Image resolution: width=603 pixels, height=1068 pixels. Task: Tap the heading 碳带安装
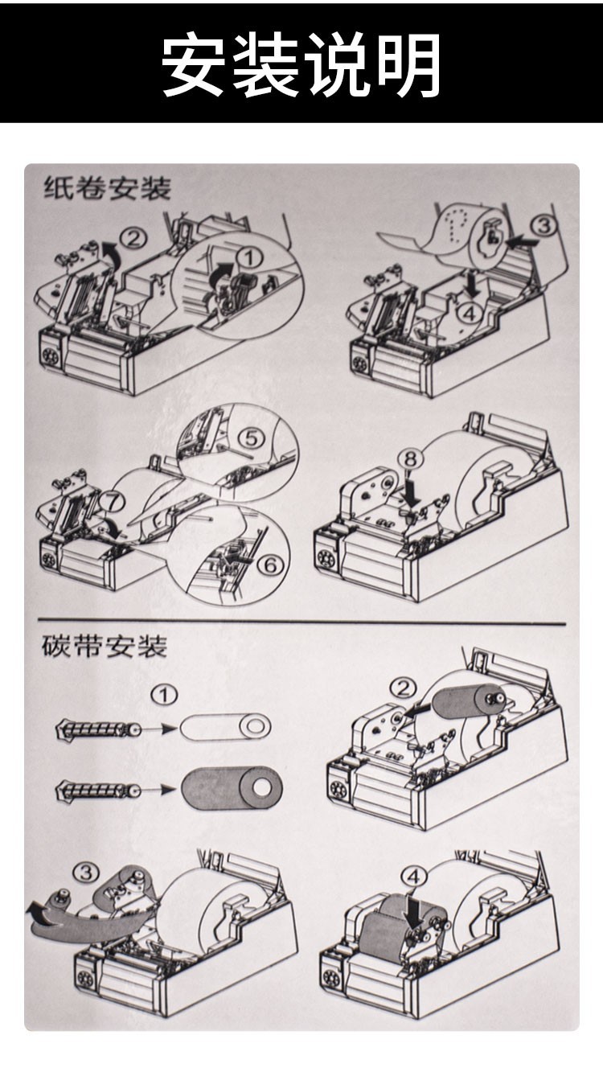click(x=105, y=646)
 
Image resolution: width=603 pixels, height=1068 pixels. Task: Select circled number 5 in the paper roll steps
click(x=251, y=438)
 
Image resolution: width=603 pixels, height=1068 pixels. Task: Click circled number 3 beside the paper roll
click(x=544, y=226)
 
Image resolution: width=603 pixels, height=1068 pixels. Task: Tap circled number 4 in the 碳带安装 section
click(x=412, y=877)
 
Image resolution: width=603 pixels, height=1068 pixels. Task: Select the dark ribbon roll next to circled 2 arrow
click(x=467, y=700)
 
